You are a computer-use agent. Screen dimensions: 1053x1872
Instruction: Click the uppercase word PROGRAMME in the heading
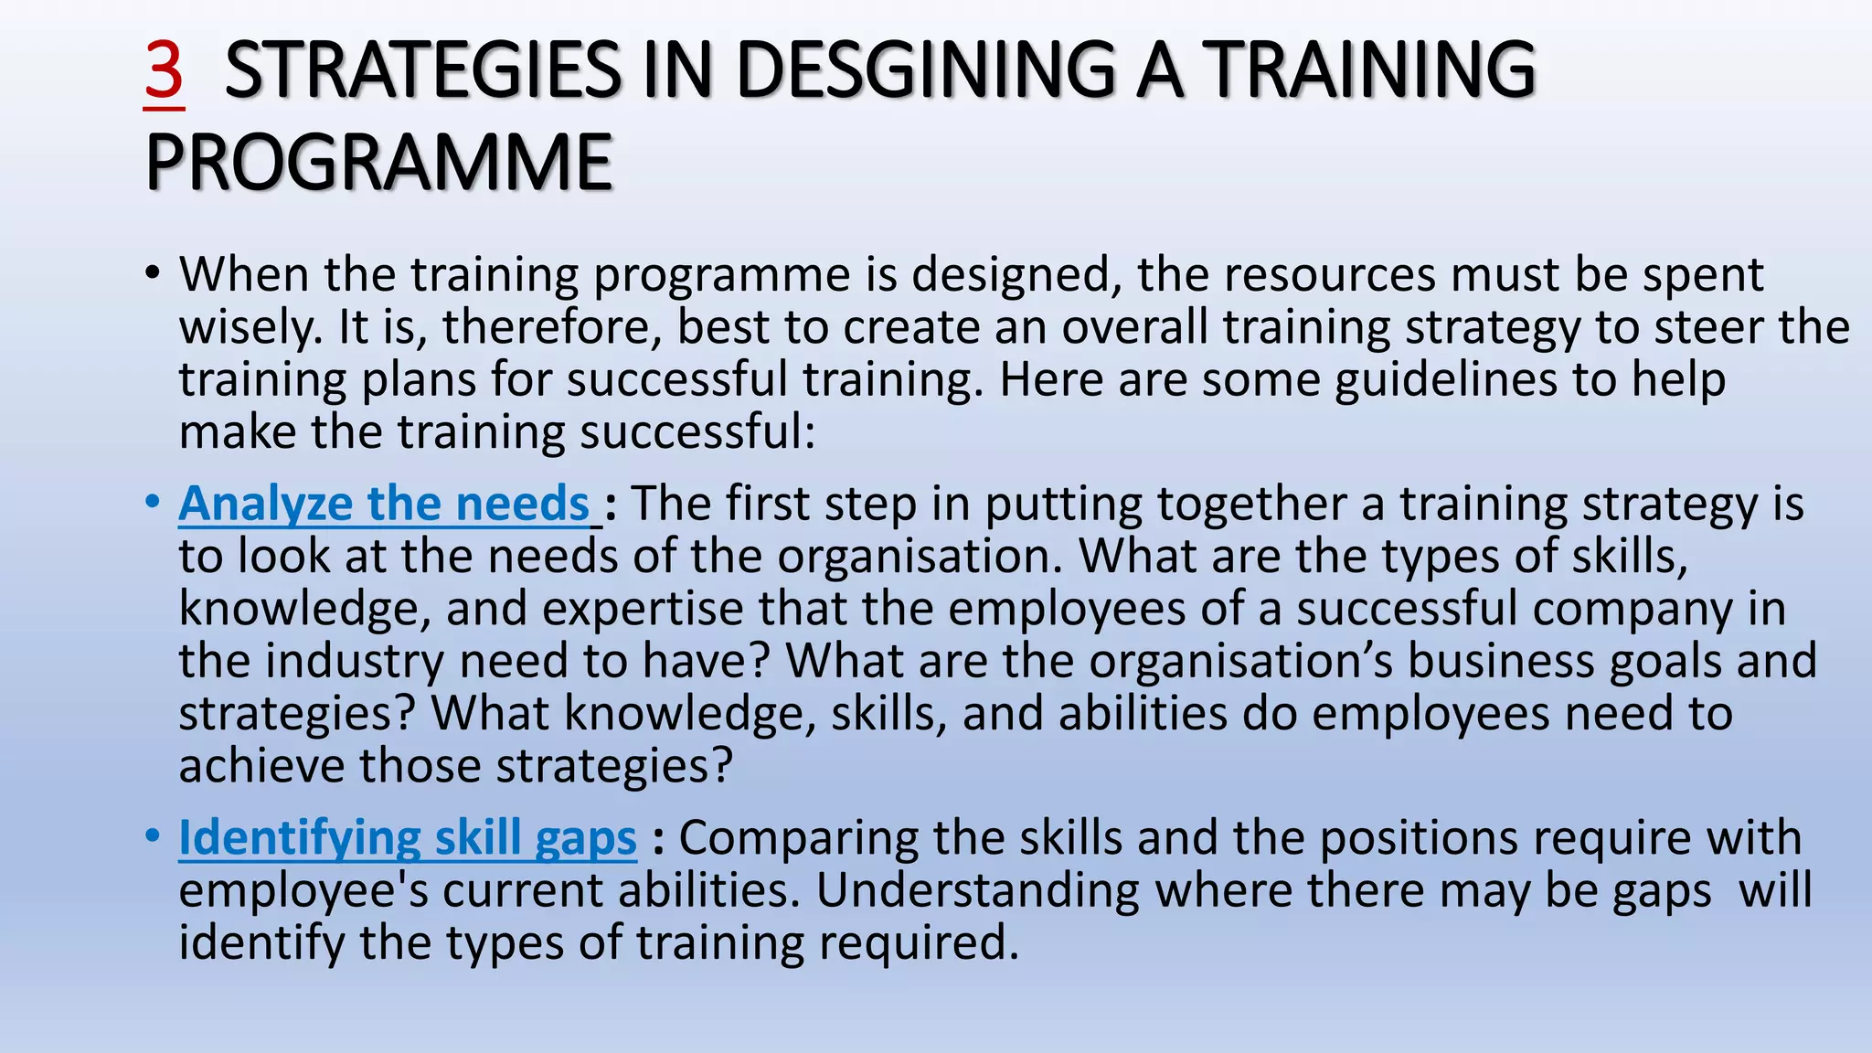click(x=378, y=164)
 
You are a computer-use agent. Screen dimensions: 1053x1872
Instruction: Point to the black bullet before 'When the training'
click(x=152, y=272)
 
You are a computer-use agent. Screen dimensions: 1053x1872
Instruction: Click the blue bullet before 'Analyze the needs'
click(x=152, y=502)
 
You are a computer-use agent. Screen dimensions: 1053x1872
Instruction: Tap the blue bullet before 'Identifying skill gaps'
click(x=152, y=835)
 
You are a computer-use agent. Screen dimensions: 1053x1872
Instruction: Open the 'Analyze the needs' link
click(x=384, y=504)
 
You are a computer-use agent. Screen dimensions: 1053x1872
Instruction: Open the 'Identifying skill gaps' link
click(x=407, y=837)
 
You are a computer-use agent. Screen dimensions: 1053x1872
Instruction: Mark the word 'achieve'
click(x=261, y=766)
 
